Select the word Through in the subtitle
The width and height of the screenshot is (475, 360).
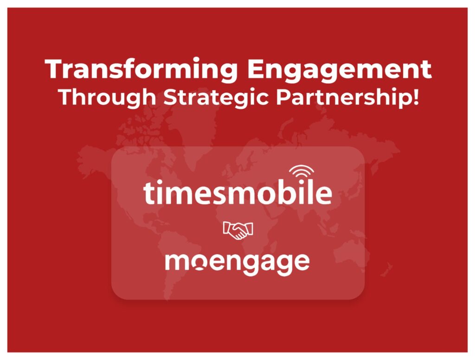pos(107,97)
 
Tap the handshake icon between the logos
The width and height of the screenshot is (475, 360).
pos(238,230)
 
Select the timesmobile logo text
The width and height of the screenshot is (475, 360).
pos(237,192)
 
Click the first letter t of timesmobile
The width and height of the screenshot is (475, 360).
pos(148,193)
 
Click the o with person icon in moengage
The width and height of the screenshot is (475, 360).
pos(199,262)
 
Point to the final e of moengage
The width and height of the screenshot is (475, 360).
pos(302,262)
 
